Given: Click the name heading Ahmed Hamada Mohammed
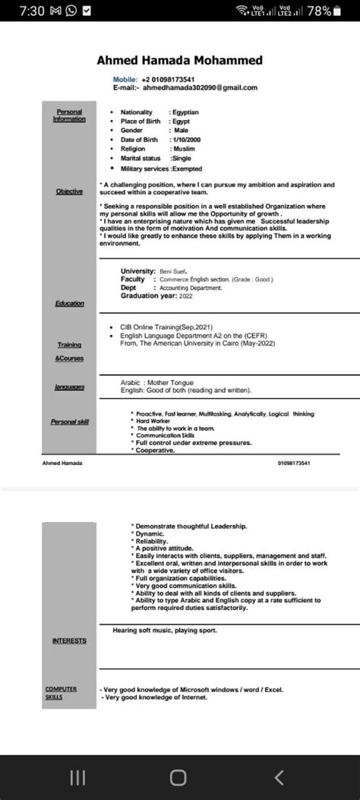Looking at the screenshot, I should [180, 60].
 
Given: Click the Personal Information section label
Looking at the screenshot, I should [69, 115].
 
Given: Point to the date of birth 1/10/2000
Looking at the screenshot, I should [185, 140].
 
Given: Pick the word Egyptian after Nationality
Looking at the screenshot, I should [185, 112].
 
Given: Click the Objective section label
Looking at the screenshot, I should [69, 191].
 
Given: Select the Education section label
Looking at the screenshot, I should [69, 304].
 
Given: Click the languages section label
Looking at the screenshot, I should [69, 387].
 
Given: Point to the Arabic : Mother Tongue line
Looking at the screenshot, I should [157, 382].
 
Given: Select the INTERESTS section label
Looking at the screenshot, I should [69, 640].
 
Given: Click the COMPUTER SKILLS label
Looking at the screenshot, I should [61, 692].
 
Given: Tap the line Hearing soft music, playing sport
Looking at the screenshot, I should [165, 631].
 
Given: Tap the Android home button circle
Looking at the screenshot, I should [178, 776].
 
